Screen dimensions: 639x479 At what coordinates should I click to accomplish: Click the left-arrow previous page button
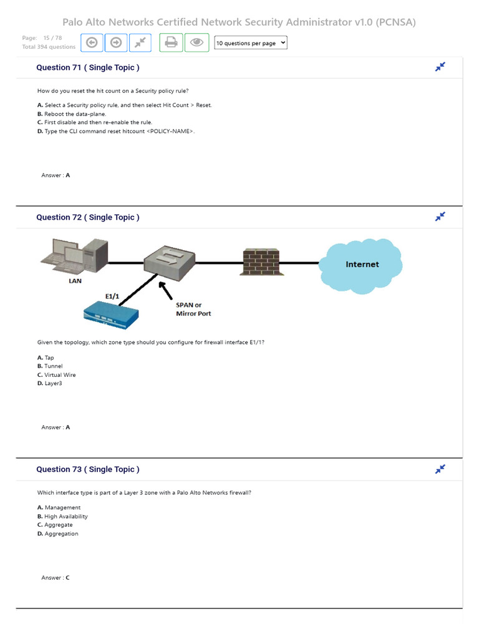92,42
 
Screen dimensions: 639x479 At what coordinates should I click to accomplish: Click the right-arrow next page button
116,42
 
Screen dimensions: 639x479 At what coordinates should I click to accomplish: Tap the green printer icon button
172,42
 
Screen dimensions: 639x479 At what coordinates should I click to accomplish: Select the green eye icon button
196,42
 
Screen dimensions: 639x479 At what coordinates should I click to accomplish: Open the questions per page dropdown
250,43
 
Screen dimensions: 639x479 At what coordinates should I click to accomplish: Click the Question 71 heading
88,67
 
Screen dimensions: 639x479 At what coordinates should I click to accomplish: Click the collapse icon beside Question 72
440,217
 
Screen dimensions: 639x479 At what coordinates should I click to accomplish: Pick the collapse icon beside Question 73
440,469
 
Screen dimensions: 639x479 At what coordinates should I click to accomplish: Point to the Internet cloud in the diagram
361,265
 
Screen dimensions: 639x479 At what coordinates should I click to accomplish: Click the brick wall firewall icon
261,262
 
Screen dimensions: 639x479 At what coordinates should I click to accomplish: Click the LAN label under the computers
75,281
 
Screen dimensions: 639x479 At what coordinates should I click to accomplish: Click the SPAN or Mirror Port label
193,310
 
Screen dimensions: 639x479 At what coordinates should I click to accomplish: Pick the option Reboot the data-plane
72,114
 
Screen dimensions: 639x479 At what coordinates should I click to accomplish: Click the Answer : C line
56,578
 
